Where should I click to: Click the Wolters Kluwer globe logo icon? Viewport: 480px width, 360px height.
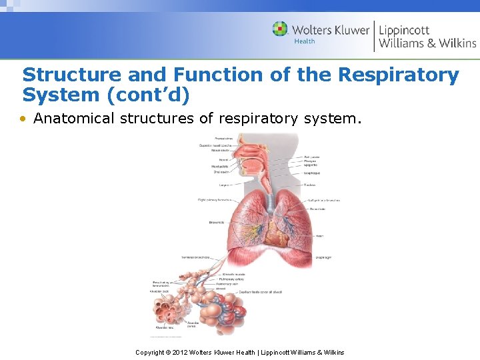pyautogui.click(x=280, y=29)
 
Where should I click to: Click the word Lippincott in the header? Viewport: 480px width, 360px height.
pyautogui.click(x=404, y=30)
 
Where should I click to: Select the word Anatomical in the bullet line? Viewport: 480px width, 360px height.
pyautogui.click(x=72, y=119)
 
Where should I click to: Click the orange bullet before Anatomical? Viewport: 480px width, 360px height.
pyautogui.click(x=24, y=119)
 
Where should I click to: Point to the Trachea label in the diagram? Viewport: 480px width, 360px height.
pyautogui.click(x=310, y=185)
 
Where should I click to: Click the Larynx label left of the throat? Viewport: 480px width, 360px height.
pyautogui.click(x=224, y=185)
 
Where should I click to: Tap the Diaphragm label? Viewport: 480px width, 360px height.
pyautogui.click(x=323, y=257)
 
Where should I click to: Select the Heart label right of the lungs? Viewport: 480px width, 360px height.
pyautogui.click(x=319, y=235)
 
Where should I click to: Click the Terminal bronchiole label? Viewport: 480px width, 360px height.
pyautogui.click(x=195, y=257)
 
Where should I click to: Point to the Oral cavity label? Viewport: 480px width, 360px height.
pyautogui.click(x=222, y=172)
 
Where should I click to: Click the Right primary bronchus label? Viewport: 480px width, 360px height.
pyautogui.click(x=214, y=199)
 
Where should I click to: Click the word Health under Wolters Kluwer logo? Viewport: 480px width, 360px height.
pyautogui.click(x=305, y=41)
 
